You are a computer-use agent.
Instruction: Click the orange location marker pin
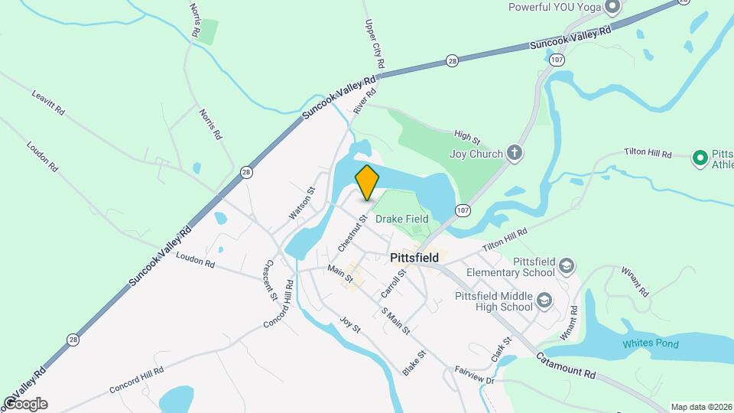coord(367,182)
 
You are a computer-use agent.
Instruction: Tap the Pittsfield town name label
coord(414,258)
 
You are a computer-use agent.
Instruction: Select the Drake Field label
coord(402,220)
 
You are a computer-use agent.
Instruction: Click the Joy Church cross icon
coord(515,153)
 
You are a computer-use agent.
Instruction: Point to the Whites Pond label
coord(650,343)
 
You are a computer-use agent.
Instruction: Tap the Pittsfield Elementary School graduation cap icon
coord(567,266)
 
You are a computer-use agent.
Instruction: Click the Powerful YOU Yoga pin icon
coord(612,8)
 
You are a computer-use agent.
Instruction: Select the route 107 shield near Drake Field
coord(461,209)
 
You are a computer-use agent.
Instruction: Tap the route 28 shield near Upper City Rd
coord(452,60)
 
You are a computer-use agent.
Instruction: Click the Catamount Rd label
coord(565,366)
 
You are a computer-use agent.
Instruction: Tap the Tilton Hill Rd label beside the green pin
coord(647,154)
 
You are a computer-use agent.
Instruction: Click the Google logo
coord(24,404)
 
